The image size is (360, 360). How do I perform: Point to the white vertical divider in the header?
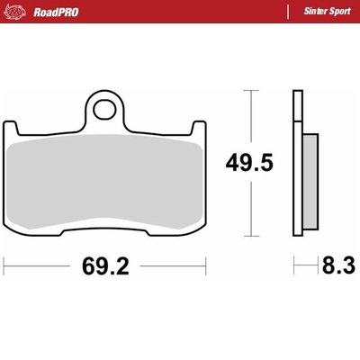coord(285,11)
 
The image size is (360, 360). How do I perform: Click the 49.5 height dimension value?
coord(247,164)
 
